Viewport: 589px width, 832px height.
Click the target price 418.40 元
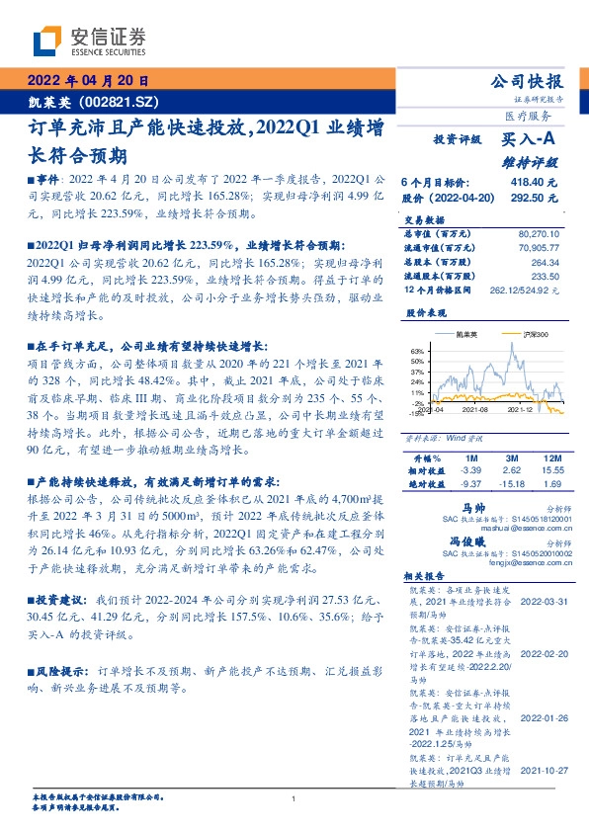pyautogui.click(x=534, y=183)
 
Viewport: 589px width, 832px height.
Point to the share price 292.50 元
pyautogui.click(x=534, y=198)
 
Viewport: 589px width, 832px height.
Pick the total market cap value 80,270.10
pyautogui.click(x=538, y=234)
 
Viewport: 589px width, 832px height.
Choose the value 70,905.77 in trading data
pyautogui.click(x=538, y=249)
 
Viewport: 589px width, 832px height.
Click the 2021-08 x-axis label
pyautogui.click(x=475, y=408)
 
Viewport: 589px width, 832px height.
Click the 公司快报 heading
pyautogui.click(x=528, y=82)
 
